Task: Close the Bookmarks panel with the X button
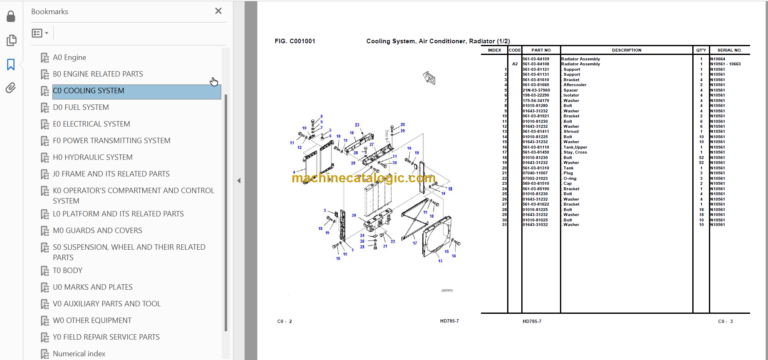point(219,12)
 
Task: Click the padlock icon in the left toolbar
point(11,14)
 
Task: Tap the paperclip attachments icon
point(11,88)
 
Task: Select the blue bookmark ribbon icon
point(11,64)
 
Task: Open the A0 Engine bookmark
point(69,58)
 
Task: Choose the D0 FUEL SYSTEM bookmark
point(80,107)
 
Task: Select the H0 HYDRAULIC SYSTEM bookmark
point(92,157)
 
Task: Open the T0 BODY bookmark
point(67,270)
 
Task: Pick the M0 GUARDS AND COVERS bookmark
point(96,230)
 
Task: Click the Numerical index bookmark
point(81,352)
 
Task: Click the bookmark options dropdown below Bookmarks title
point(40,33)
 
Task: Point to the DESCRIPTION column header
point(626,49)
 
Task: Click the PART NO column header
point(541,49)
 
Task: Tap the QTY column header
point(701,49)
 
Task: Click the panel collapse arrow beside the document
point(238,181)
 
